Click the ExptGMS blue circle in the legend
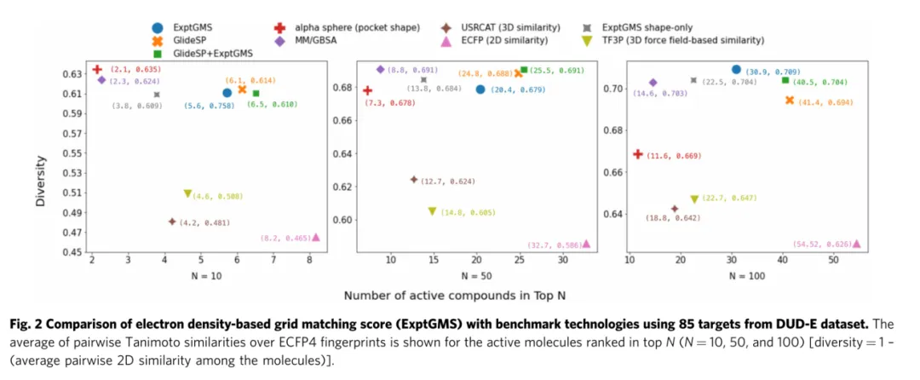[159, 28]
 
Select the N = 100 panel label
[746, 275]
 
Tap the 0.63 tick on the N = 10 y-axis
[73, 74]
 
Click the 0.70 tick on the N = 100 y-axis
[611, 89]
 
